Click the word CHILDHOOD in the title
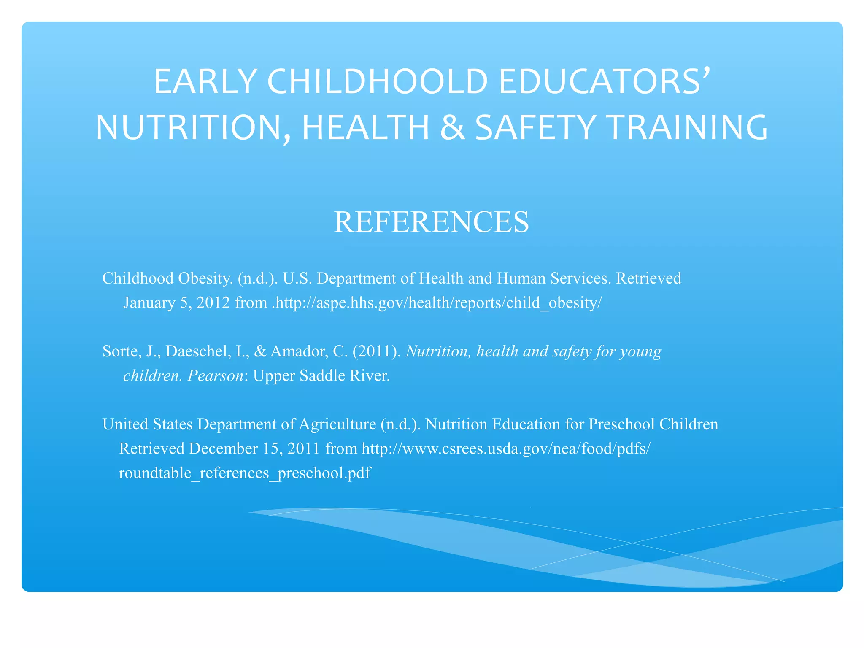[378, 81]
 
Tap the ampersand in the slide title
[453, 127]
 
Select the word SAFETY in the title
[535, 127]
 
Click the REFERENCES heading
[431, 222]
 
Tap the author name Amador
[299, 351]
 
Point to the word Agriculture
[337, 424]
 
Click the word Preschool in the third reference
[621, 424]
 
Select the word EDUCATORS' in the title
[604, 81]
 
